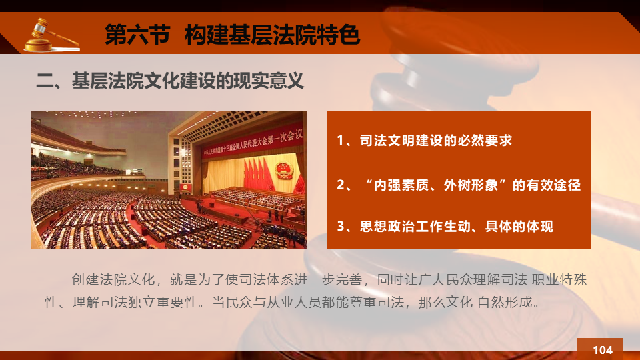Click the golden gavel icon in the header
pos(52,35)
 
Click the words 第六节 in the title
pos(137,34)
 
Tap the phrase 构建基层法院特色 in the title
pos(272,34)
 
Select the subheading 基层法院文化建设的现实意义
pos(188,81)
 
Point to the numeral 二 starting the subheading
pos(45,81)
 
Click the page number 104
pos(603,350)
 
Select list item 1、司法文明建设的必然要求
pos(424,141)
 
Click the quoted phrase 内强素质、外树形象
pos(436,185)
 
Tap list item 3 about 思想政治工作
pos(445,226)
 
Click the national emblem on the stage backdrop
pos(284,170)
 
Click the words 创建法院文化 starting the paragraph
pos(113,279)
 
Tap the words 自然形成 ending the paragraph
pos(505,302)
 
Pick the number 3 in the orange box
pos(341,226)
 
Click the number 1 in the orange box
pos(341,141)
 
